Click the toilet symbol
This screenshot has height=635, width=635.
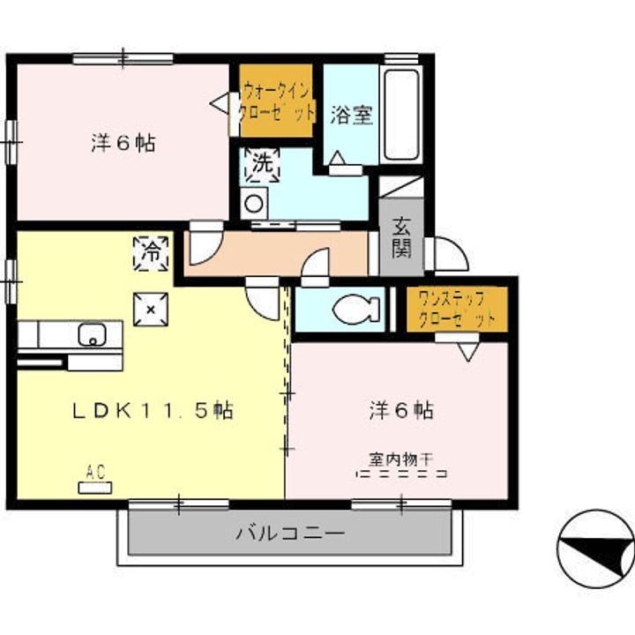pyautogui.click(x=356, y=310)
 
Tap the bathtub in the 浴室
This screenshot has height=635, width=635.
pyautogui.click(x=401, y=115)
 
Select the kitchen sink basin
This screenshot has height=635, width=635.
pyautogui.click(x=93, y=334)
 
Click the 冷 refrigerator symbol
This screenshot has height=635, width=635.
pyautogui.click(x=151, y=254)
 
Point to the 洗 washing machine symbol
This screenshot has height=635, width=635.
pyautogui.click(x=263, y=165)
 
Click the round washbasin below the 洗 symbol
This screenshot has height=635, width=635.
pyautogui.click(x=254, y=204)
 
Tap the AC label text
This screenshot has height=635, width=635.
pyautogui.click(x=95, y=472)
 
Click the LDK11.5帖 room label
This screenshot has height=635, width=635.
pyautogui.click(x=153, y=411)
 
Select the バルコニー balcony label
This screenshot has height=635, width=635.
pyautogui.click(x=290, y=533)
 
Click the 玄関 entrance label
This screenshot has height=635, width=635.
pyautogui.click(x=401, y=238)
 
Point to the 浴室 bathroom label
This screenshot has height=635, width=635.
pyautogui.click(x=352, y=115)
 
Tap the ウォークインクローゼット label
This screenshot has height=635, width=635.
pyautogui.click(x=277, y=101)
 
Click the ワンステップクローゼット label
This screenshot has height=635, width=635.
pyautogui.click(x=457, y=310)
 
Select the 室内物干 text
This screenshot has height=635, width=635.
pyautogui.click(x=401, y=459)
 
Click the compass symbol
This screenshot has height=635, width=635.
pyautogui.click(x=595, y=549)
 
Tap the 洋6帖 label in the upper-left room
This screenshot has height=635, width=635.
pyautogui.click(x=123, y=143)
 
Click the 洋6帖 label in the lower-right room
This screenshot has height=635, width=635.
pyautogui.click(x=401, y=411)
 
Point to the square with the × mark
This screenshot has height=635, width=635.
pyautogui.click(x=151, y=310)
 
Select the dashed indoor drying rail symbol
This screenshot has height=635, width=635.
pyautogui.click(x=401, y=474)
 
